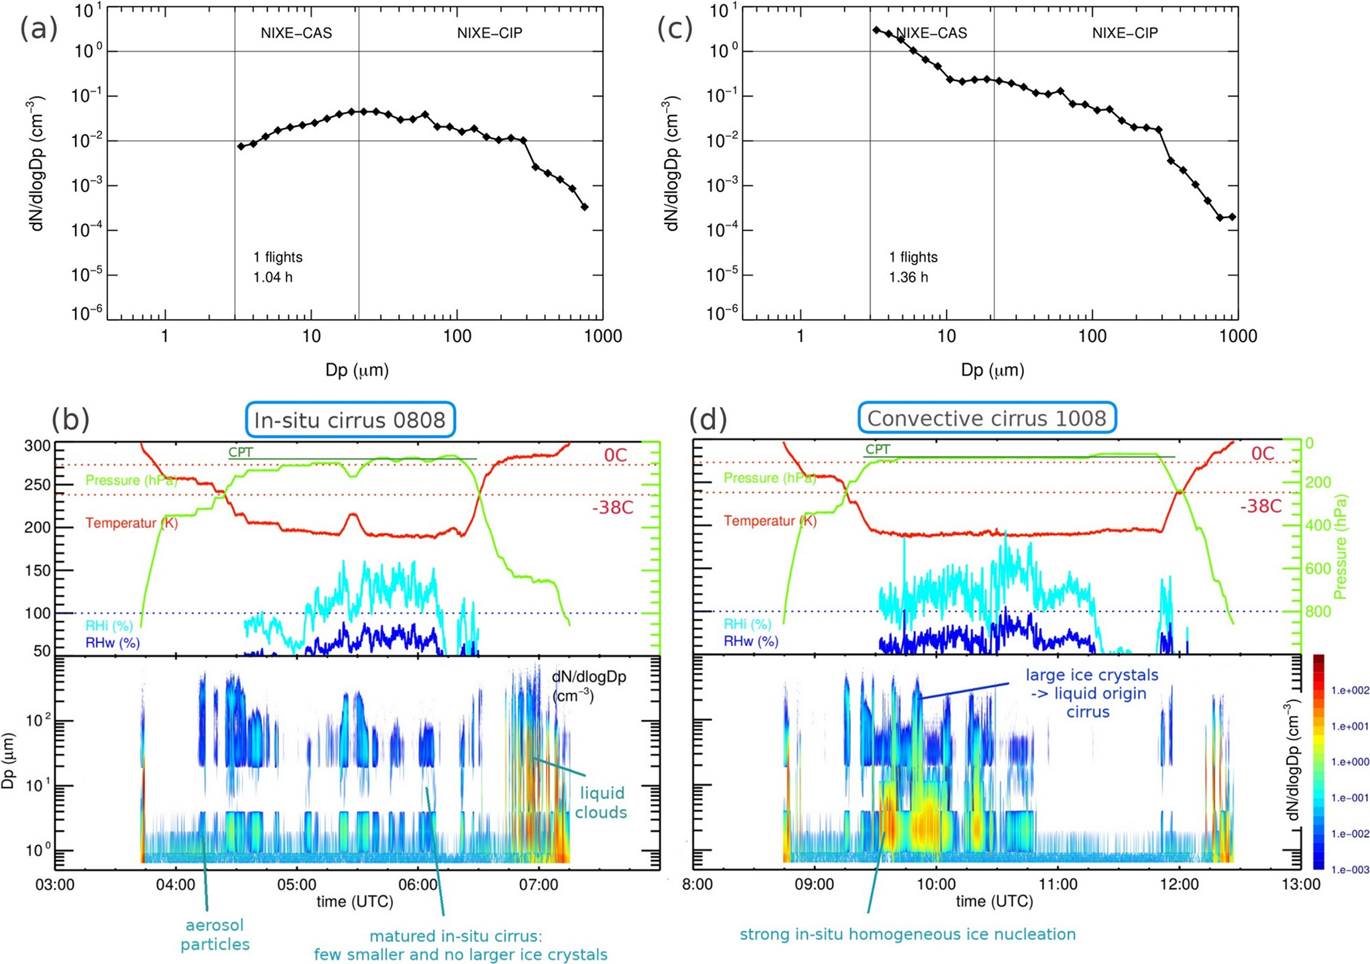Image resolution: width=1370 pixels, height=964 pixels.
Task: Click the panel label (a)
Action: coord(39,30)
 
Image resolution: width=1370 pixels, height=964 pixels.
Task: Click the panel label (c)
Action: coord(675,30)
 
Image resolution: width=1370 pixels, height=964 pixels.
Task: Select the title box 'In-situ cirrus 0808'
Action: coord(350,420)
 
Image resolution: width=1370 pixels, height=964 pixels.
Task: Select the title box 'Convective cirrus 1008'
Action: coord(987,418)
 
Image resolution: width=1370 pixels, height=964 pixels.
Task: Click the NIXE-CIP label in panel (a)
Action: coord(490,33)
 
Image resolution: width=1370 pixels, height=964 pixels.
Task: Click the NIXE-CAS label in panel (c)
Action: coord(931,33)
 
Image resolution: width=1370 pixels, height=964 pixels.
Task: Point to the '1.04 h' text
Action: coord(272,277)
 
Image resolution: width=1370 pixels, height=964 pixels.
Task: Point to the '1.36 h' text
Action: coord(908,277)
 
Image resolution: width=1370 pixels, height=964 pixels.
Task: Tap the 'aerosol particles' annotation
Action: coord(215,934)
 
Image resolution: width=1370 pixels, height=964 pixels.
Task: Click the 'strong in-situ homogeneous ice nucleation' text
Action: coord(907,934)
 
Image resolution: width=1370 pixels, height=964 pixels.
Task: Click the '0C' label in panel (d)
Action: coord(1263,453)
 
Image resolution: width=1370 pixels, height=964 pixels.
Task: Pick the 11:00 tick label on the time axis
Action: coord(1058,884)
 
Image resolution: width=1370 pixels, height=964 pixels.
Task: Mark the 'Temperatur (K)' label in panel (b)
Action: coord(132,523)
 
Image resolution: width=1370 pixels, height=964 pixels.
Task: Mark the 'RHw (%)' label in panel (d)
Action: coord(751,641)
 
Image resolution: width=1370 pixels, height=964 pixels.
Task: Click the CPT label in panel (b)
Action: coord(241,452)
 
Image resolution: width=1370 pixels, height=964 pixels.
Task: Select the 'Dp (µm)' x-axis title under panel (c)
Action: coord(992,370)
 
